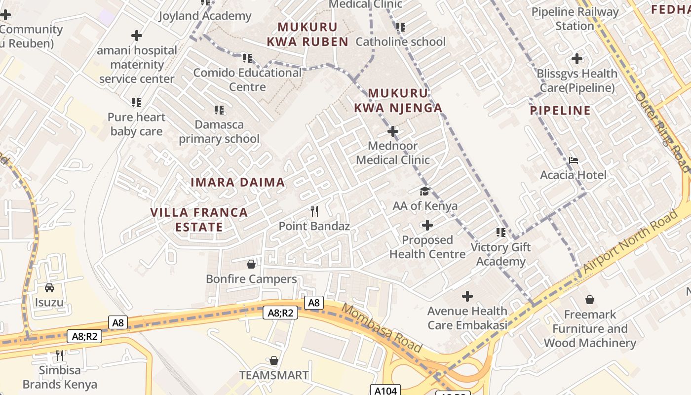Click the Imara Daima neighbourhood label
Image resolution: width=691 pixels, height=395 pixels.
238,182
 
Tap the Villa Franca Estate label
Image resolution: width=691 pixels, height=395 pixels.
199,220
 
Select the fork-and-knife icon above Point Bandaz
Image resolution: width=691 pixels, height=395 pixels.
314,211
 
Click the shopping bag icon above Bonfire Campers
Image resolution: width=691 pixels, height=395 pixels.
251,264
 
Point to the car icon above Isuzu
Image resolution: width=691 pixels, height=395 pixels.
49,287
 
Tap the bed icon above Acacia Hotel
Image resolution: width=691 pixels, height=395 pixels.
573,160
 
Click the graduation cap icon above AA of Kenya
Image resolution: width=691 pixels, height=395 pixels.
424,191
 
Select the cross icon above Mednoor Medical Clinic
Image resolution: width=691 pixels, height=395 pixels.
393,131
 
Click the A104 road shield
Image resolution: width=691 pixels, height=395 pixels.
385,391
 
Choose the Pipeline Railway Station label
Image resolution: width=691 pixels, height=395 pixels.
575,19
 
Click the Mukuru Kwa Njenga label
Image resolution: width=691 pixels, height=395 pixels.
398,100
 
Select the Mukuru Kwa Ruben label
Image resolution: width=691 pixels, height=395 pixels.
308,35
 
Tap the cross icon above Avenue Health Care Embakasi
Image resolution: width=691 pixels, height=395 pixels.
467,296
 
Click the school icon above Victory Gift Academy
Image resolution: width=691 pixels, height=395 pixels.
501,232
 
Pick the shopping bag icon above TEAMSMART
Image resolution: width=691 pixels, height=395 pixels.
274,360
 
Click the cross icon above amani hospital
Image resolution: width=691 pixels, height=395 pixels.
137,36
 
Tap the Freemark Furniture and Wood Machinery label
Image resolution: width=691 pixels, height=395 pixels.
590,329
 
